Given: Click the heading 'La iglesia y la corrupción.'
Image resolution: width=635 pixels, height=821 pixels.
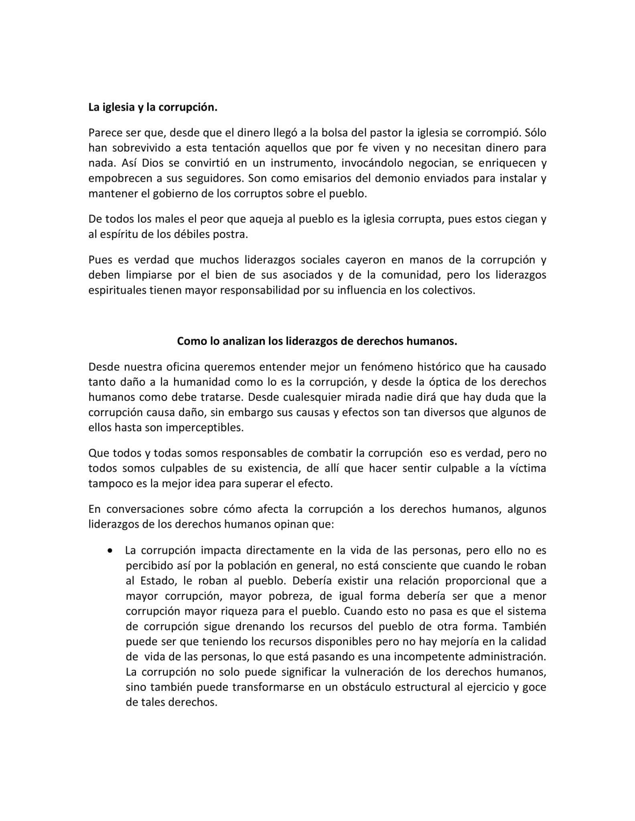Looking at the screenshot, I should tap(152, 108).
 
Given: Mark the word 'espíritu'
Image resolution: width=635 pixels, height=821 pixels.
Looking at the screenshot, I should tap(118, 235).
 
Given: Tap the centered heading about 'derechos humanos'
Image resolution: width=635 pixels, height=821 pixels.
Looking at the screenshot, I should tap(317, 342).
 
